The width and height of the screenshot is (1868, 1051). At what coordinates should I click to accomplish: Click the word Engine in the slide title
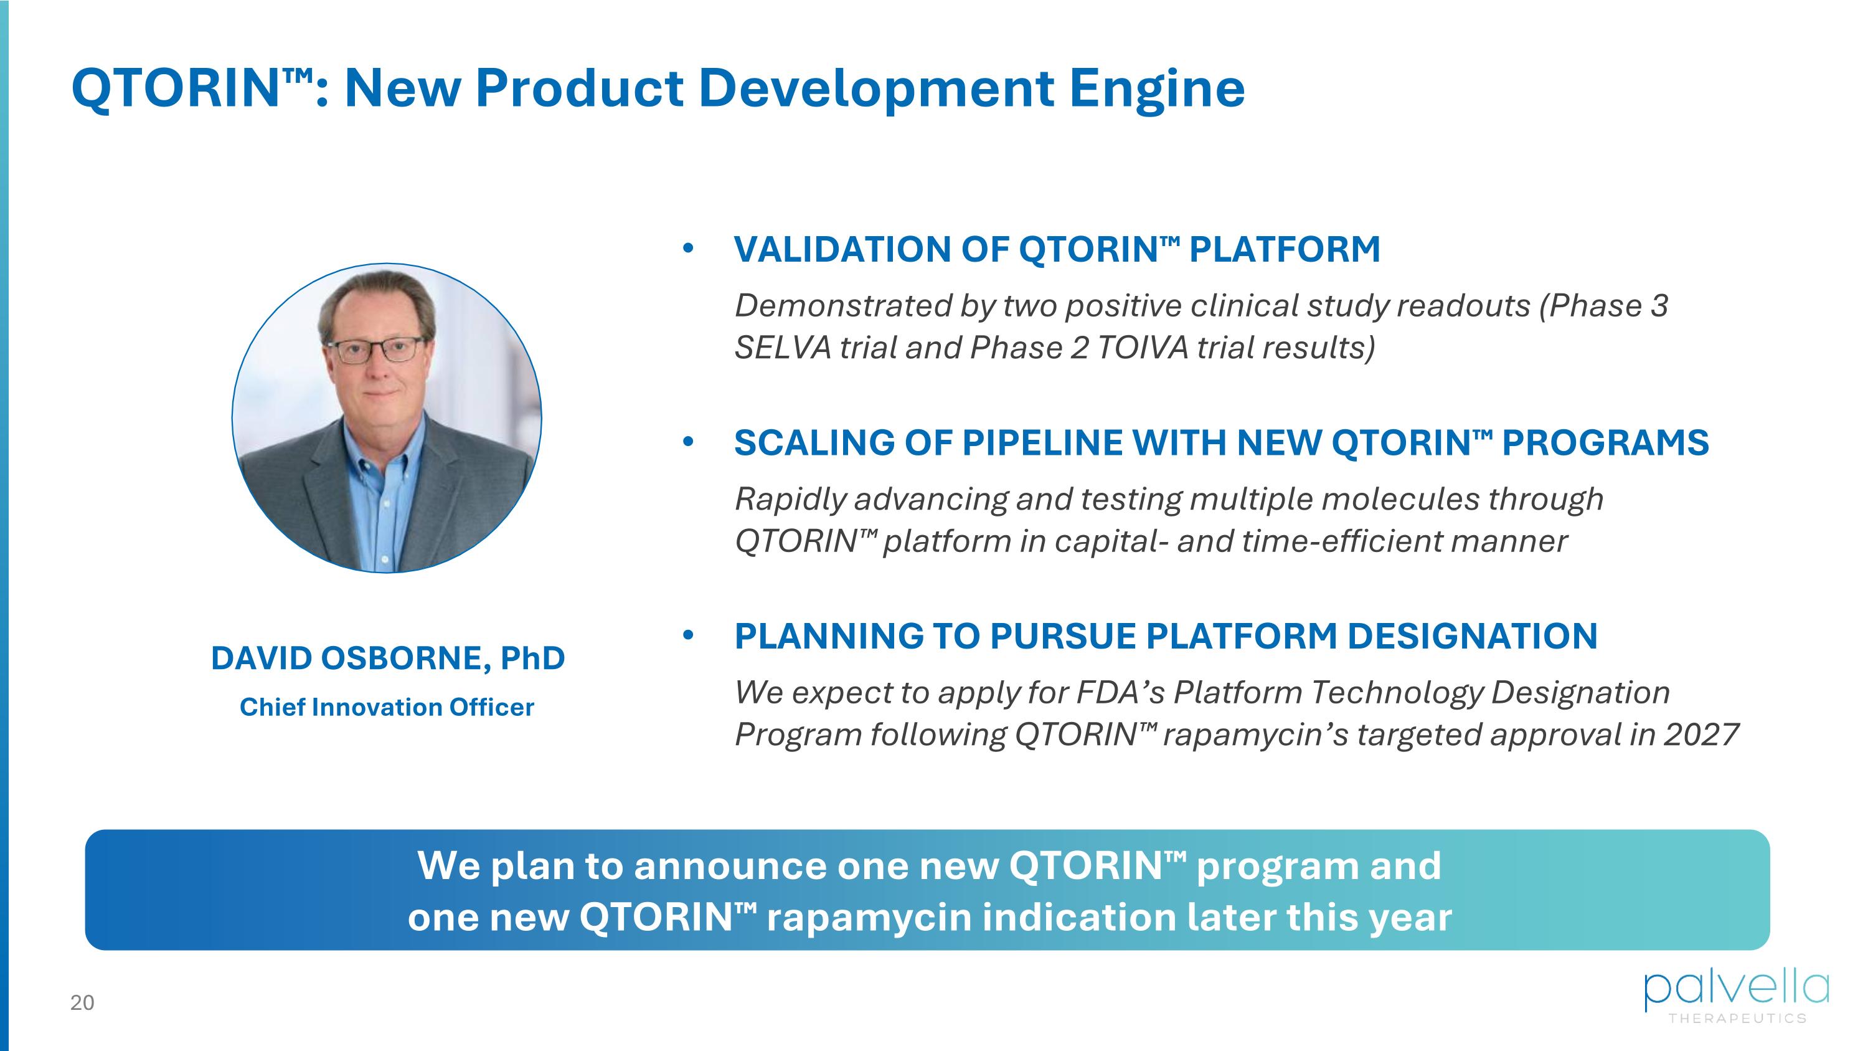[1157, 88]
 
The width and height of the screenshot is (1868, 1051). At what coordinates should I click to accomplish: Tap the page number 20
[82, 1002]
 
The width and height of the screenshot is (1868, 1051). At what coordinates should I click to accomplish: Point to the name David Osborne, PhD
[388, 658]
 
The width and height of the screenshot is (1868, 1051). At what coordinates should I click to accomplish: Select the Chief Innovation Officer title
[387, 706]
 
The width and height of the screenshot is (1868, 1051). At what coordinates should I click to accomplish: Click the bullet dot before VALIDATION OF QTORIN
[688, 249]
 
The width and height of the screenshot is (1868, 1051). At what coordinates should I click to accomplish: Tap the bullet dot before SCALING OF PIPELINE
[688, 442]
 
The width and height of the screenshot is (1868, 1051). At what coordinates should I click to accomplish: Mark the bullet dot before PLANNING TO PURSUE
[688, 635]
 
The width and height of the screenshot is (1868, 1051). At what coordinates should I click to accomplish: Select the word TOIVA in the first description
[1142, 348]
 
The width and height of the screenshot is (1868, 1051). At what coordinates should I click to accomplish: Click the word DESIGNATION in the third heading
[1472, 636]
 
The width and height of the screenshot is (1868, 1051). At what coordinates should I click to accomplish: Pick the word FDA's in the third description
[1120, 693]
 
